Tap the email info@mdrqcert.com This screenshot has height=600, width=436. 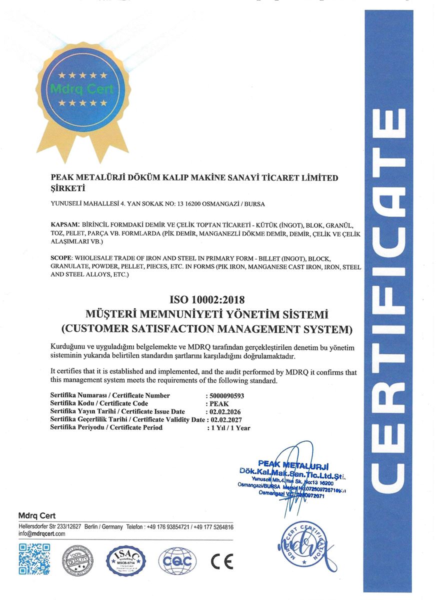pyautogui.click(x=42, y=534)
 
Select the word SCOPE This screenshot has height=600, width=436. pyautogui.click(x=61, y=258)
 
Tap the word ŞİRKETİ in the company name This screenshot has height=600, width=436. pyautogui.click(x=68, y=188)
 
